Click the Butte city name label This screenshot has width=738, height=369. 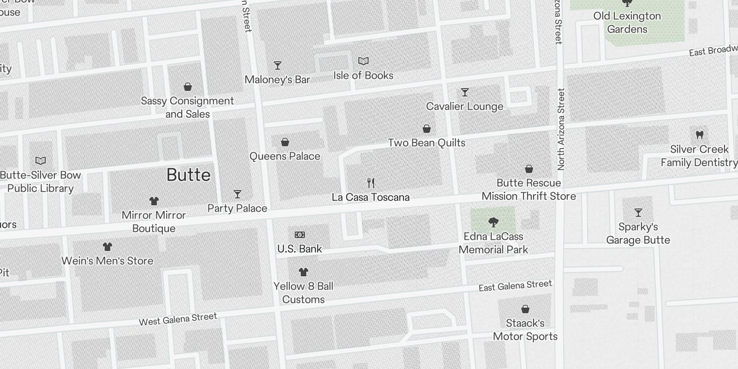click(x=188, y=175)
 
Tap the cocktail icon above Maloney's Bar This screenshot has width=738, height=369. click(x=277, y=65)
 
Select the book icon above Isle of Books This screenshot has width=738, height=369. click(x=363, y=61)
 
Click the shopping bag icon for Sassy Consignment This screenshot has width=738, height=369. click(x=188, y=87)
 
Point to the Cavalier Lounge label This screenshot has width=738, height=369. click(x=464, y=107)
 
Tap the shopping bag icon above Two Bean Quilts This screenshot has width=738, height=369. click(x=427, y=129)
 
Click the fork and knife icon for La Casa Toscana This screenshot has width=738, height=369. click(x=371, y=183)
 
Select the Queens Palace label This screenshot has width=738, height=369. click(x=285, y=156)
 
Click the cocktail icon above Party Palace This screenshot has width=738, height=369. click(x=237, y=194)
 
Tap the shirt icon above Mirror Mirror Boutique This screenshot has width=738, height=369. click(x=154, y=201)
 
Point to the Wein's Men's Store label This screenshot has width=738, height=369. click(x=107, y=261)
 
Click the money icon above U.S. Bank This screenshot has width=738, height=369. click(x=299, y=235)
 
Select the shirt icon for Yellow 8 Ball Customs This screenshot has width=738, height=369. click(x=303, y=272)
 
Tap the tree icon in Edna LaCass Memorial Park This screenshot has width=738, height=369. click(x=493, y=222)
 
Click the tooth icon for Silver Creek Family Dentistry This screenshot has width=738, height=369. click(x=699, y=135)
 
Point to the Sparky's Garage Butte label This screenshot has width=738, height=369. click(x=638, y=233)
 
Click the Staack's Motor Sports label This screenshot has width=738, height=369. click(x=525, y=330)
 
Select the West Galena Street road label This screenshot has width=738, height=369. click(x=178, y=319)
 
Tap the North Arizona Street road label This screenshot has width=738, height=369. click(x=561, y=129)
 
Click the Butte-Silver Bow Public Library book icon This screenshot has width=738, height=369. click(x=41, y=161)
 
